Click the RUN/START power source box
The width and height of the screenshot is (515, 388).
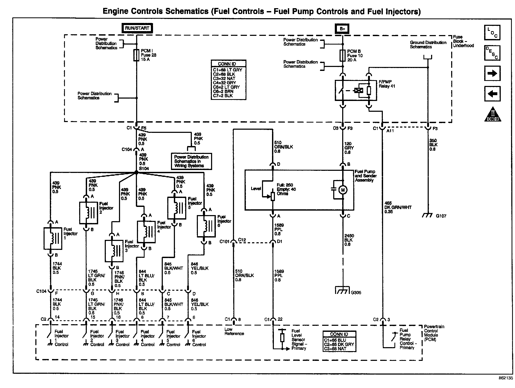point(137,28)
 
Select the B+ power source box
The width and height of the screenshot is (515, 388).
point(342,29)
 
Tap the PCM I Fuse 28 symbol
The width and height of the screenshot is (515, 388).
point(136,55)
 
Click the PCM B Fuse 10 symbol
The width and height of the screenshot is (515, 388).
point(342,56)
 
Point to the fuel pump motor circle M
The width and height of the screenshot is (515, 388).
point(343,190)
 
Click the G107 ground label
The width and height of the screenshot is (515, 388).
point(441,216)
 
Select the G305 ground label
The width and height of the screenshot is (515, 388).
point(356,292)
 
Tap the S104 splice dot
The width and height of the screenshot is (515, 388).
point(136,172)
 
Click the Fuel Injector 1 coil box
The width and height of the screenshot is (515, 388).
point(53,238)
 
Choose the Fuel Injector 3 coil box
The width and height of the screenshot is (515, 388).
point(114,251)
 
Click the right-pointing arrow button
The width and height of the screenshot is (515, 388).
point(492,73)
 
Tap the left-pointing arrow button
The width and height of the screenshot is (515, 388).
point(492,94)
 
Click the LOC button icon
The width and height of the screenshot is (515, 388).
point(492,33)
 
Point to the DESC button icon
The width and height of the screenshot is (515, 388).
point(492,53)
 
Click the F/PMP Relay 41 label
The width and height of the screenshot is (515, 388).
point(387,84)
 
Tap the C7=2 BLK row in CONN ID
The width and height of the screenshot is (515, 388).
point(223,96)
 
